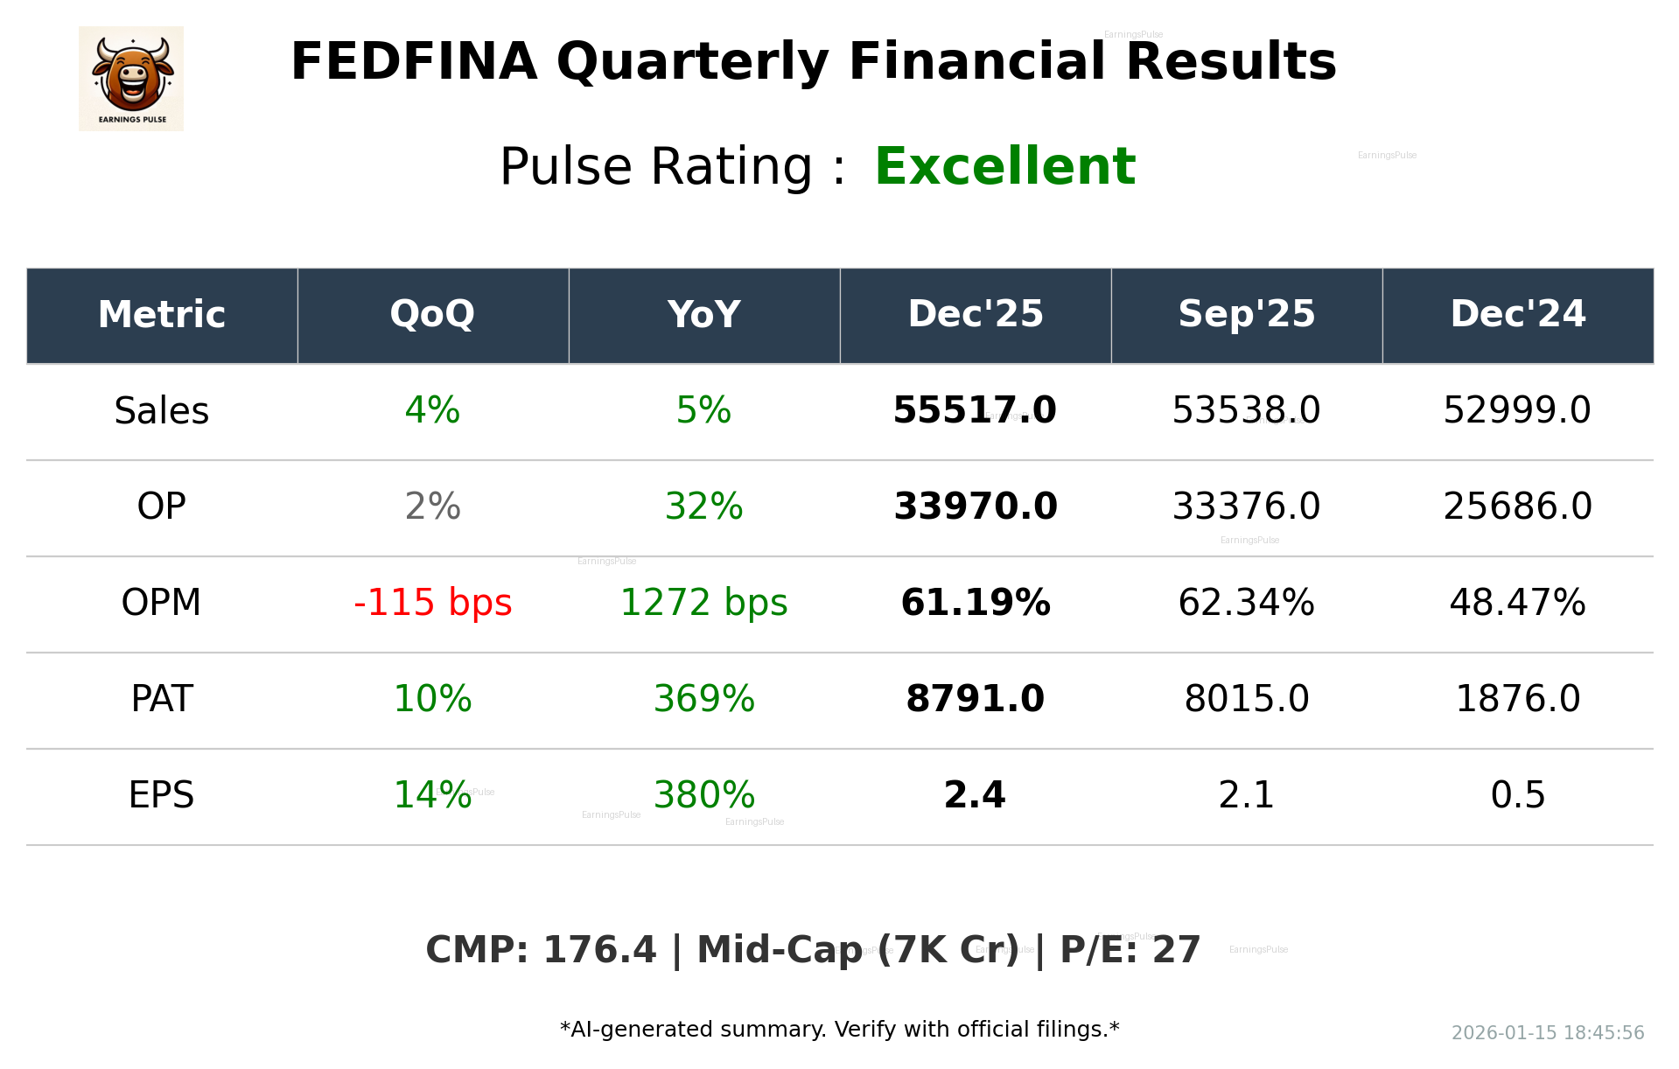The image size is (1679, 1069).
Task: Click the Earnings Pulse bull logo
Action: coord(131,78)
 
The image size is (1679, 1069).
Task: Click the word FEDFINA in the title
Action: coord(413,62)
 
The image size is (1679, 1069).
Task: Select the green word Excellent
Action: coord(1004,166)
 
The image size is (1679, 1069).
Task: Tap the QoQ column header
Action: coord(432,314)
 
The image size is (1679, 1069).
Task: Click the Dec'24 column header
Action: coord(1517,314)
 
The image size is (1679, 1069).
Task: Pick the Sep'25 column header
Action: coord(1246,314)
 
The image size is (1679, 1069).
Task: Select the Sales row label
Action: coord(161,410)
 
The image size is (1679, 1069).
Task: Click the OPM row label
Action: coord(161,603)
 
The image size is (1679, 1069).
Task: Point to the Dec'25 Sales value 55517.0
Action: coord(975,410)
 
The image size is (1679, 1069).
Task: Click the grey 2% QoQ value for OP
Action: coord(432,507)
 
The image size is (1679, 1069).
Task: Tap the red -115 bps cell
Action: coord(432,603)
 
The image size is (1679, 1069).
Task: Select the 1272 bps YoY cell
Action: coord(703,603)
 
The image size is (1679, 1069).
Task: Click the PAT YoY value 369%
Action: coord(703,699)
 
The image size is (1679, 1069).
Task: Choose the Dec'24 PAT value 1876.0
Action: coord(1517,699)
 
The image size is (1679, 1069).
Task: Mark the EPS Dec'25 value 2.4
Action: coord(975,795)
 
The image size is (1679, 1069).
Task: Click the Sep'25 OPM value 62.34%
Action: coord(1246,603)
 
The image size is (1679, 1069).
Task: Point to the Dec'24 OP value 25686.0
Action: coord(1517,507)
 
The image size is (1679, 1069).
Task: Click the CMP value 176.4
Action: coord(599,950)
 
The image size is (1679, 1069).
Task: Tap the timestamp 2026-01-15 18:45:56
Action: coord(1547,1033)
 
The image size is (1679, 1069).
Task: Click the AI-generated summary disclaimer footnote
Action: coord(839,1030)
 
